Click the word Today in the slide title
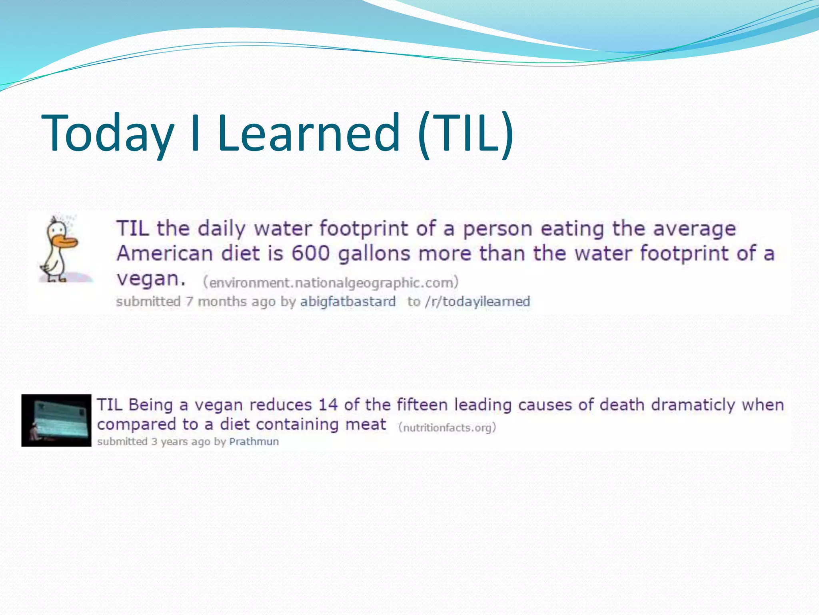pos(108,133)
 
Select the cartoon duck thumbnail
pos(60,248)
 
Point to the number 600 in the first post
pos(310,253)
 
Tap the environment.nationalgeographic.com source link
pos(330,283)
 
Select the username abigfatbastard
pos(348,301)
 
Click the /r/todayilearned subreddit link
pos(477,301)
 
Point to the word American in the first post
pos(164,253)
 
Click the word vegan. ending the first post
pos(151,279)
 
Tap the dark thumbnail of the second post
pos(56,420)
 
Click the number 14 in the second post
pos(328,405)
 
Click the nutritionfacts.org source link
pos(447,428)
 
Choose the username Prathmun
pos(254,442)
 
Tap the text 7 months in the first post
pos(210,301)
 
